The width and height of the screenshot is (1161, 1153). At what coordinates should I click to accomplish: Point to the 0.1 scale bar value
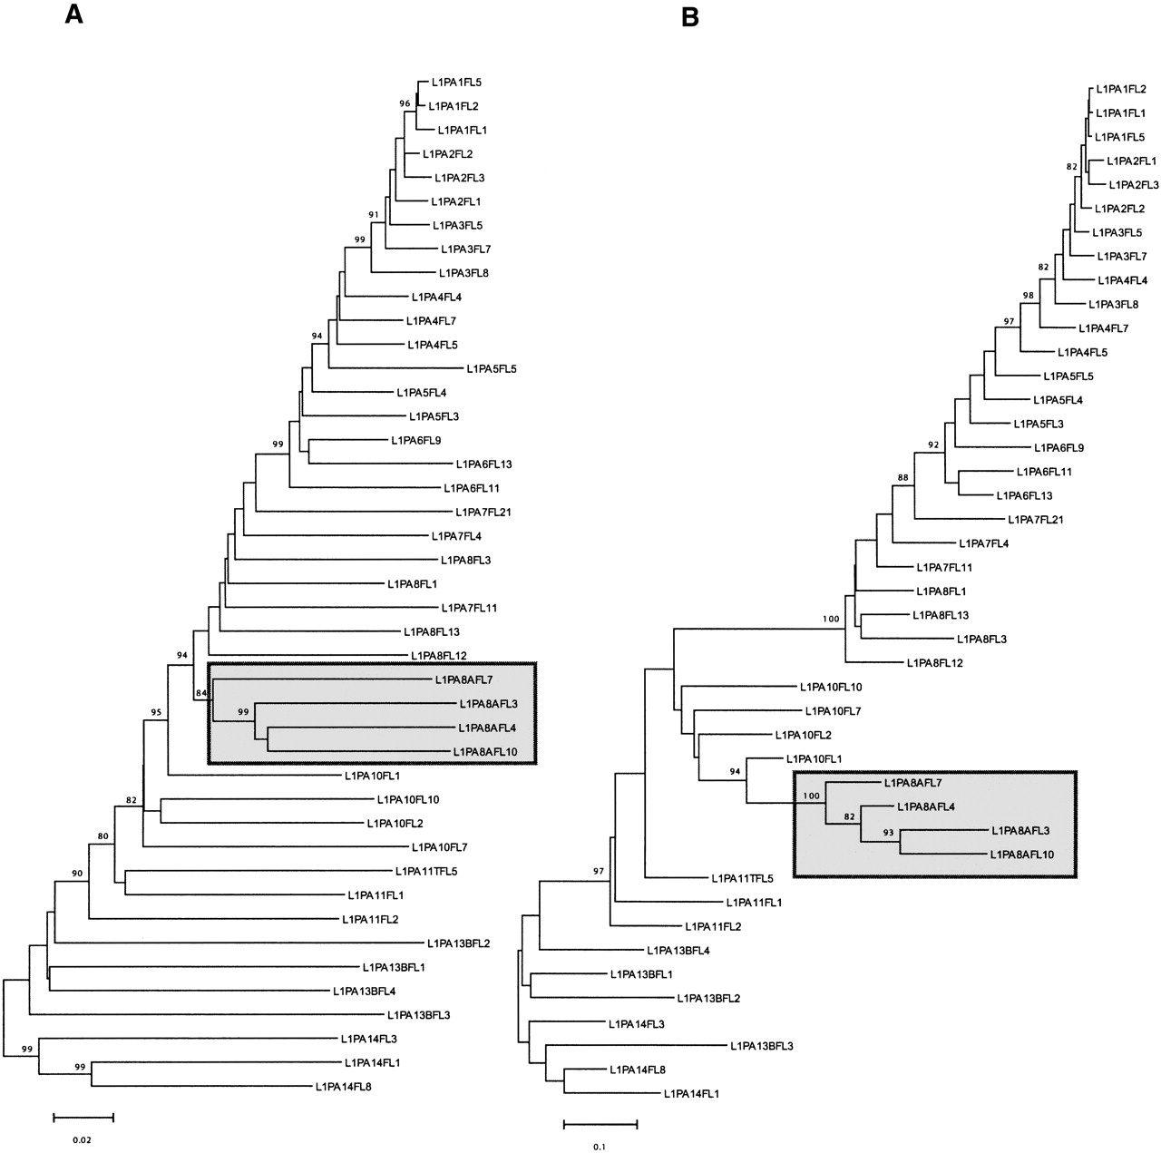(599, 1146)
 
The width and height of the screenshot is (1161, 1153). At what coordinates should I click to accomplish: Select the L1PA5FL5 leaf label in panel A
(491, 369)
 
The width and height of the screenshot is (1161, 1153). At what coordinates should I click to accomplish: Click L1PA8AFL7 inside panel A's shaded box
(463, 679)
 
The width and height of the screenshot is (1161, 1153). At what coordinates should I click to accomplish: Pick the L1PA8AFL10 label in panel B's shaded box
(1022, 855)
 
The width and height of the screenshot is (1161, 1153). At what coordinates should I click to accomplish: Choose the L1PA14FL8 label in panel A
(343, 1086)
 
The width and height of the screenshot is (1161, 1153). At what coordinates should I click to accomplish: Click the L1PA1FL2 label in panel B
(1121, 89)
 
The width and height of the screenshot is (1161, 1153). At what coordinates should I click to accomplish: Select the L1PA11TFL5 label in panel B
(742, 878)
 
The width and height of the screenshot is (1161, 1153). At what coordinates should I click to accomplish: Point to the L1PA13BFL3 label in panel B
(761, 1046)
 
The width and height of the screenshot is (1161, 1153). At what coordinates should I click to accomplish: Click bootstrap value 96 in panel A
(405, 103)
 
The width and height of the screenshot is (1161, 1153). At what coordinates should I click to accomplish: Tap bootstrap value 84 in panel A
(201, 695)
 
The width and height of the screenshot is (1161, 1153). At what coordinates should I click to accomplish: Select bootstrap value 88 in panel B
(902, 477)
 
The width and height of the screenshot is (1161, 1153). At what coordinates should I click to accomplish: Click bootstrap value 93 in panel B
(891, 831)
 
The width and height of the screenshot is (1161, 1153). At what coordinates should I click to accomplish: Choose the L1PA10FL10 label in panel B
(831, 688)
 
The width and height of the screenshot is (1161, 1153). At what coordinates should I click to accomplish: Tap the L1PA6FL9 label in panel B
(1059, 447)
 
